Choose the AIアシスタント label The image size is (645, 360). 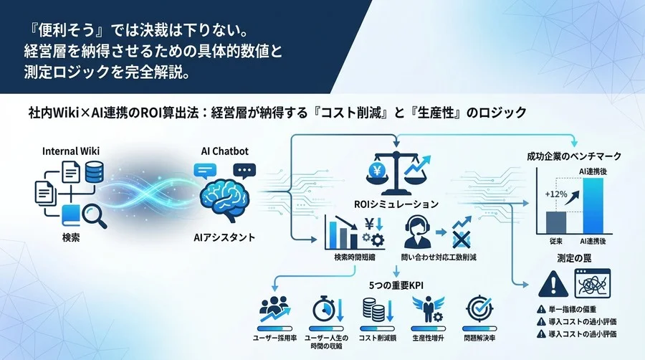(x=224, y=237)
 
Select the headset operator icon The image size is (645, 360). (x=416, y=232)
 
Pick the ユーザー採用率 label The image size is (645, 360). (x=276, y=336)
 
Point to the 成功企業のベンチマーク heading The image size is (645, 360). (x=573, y=156)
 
